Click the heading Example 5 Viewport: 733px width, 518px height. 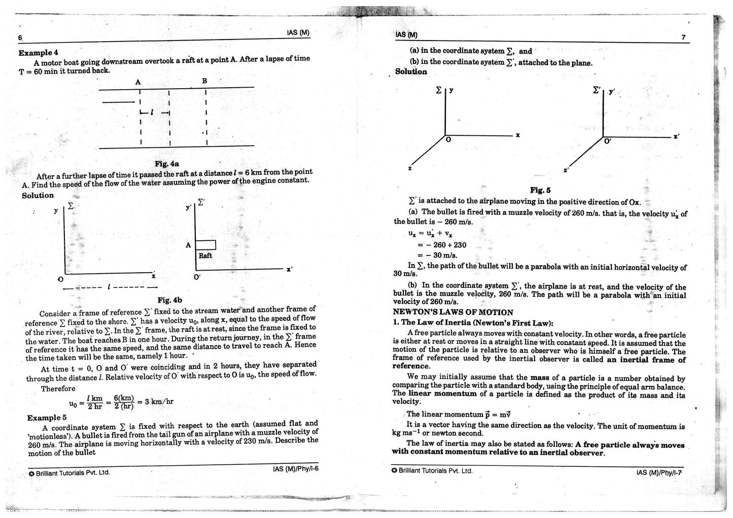click(x=47, y=418)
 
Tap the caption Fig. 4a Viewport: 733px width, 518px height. click(x=167, y=164)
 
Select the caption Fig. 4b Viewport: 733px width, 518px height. click(x=169, y=300)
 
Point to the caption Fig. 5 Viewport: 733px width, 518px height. click(x=540, y=190)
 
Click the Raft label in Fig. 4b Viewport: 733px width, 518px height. click(x=205, y=255)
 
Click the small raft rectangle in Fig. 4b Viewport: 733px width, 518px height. click(x=205, y=245)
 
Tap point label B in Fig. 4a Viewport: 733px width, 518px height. click(x=205, y=81)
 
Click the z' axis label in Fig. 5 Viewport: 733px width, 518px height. click(x=566, y=170)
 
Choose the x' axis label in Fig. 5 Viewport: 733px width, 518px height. click(x=676, y=137)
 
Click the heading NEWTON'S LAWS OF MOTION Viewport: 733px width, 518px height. click(x=453, y=312)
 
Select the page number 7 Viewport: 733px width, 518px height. click(x=684, y=37)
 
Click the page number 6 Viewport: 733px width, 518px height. click(x=21, y=38)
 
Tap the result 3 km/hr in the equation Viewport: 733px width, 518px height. click(x=159, y=401)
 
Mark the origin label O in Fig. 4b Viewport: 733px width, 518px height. click(x=61, y=279)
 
